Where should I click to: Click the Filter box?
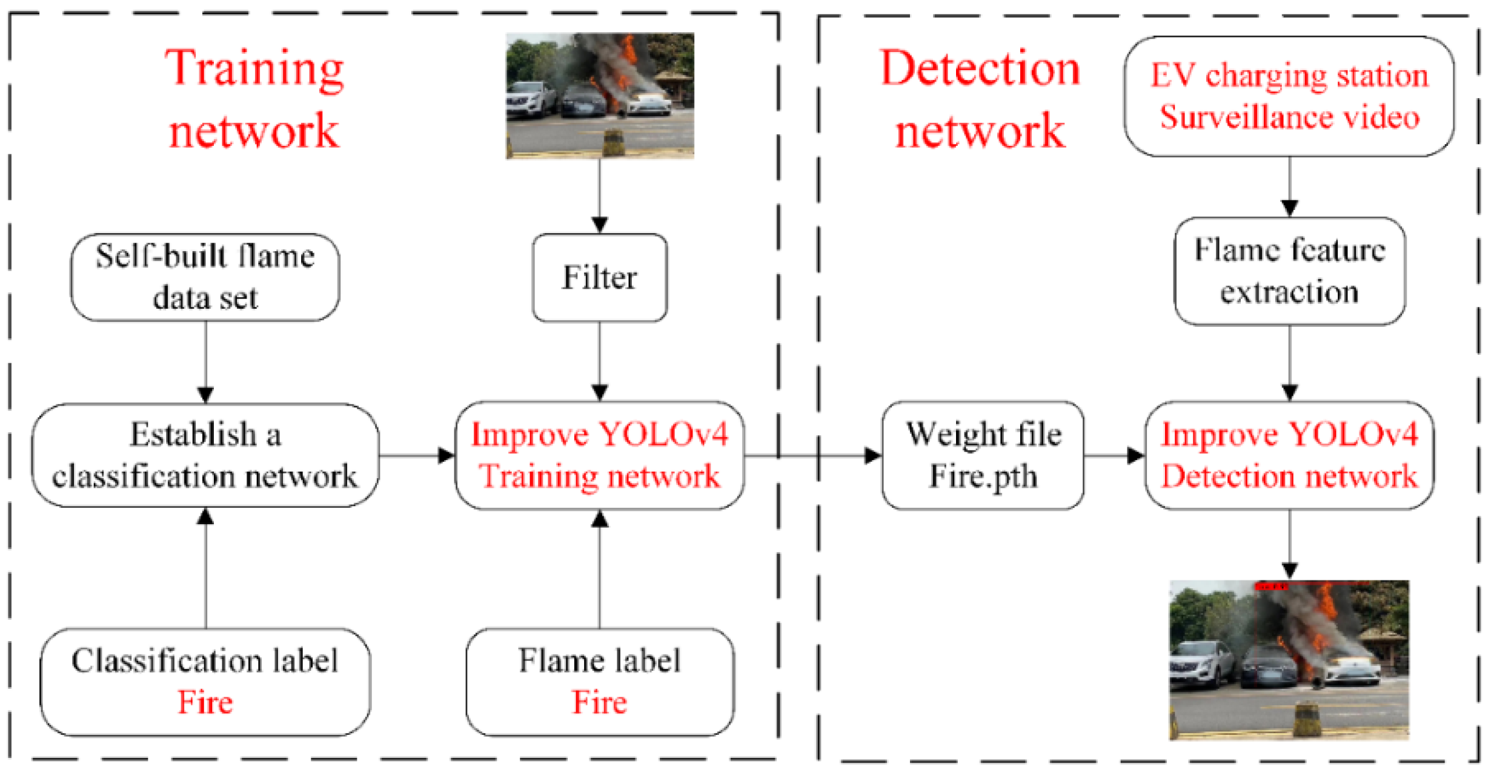[x=599, y=277]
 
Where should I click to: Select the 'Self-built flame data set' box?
[x=205, y=277]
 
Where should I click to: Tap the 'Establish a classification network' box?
[x=205, y=455]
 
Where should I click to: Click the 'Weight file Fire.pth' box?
[x=983, y=455]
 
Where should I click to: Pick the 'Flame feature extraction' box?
[x=1289, y=271]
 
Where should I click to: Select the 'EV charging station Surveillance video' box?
[x=1289, y=96]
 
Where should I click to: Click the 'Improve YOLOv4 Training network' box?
[x=599, y=455]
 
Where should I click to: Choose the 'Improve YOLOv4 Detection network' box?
[x=1289, y=455]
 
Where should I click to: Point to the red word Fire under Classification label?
[x=205, y=702]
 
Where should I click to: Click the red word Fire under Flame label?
[x=599, y=702]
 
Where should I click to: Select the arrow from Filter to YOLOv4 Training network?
[x=599, y=361]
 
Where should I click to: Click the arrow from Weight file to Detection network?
[x=1114, y=455]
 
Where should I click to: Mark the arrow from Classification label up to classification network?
[x=205, y=568]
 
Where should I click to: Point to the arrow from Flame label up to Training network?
[x=599, y=569]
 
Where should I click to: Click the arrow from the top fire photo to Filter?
[x=599, y=196]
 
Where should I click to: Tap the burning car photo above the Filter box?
[x=600, y=96]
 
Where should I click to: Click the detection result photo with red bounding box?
[x=1289, y=660]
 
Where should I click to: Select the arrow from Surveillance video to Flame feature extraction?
[x=1289, y=186]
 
